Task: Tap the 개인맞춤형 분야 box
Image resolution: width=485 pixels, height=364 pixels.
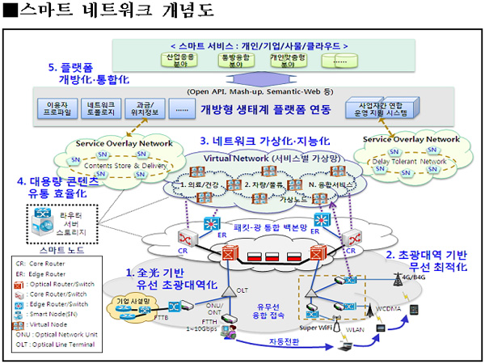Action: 287,60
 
